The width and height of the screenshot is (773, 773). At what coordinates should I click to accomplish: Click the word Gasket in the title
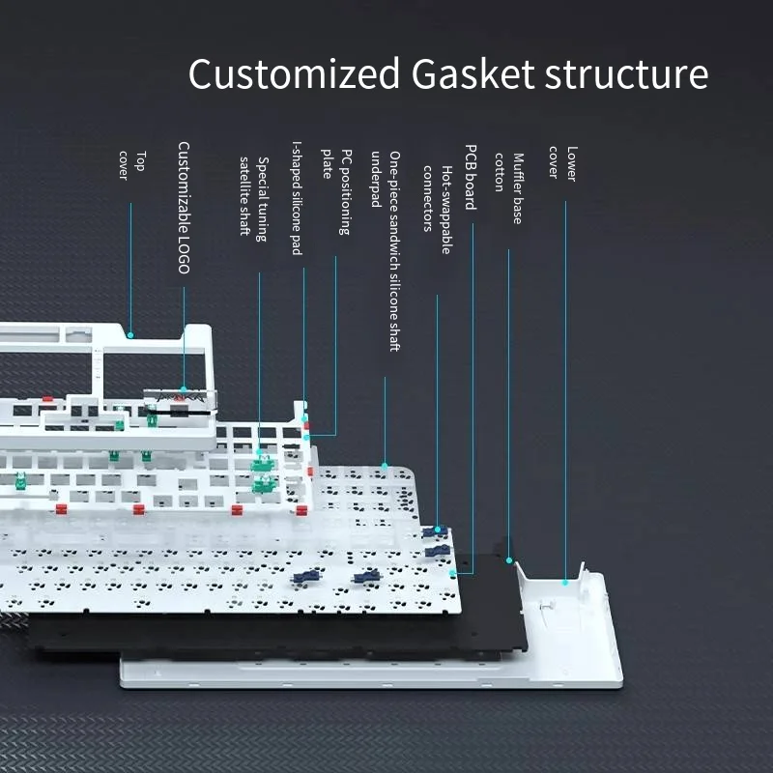(472, 73)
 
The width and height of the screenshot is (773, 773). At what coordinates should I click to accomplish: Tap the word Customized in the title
(294, 73)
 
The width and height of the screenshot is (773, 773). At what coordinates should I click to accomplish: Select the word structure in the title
(626, 74)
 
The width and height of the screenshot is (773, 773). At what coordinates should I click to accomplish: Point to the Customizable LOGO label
(184, 208)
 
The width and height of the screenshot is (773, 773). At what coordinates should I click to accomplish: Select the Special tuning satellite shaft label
(254, 199)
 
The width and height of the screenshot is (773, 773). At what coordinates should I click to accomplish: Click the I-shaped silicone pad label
(297, 198)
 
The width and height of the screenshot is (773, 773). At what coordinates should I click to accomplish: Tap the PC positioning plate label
(336, 191)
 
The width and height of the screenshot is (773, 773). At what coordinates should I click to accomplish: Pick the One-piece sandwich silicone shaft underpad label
(386, 251)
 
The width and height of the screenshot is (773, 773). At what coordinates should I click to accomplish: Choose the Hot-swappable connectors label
(438, 210)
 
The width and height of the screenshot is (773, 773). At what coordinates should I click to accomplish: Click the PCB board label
(472, 177)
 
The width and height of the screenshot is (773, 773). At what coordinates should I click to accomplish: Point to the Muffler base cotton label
(509, 188)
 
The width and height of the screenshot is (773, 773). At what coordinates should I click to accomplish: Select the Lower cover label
(563, 163)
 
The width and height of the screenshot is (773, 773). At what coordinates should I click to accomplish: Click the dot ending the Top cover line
(130, 335)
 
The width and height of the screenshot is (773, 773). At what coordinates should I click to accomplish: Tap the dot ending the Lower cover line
(565, 583)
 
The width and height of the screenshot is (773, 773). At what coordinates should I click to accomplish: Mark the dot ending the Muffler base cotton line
(509, 560)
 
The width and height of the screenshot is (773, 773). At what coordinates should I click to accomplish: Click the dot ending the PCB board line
(452, 573)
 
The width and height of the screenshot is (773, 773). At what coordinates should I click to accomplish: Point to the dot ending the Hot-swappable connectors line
(438, 530)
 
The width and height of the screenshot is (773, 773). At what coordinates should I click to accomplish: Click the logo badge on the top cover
(181, 397)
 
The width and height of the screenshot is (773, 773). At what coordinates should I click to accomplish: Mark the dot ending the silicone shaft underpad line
(385, 466)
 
